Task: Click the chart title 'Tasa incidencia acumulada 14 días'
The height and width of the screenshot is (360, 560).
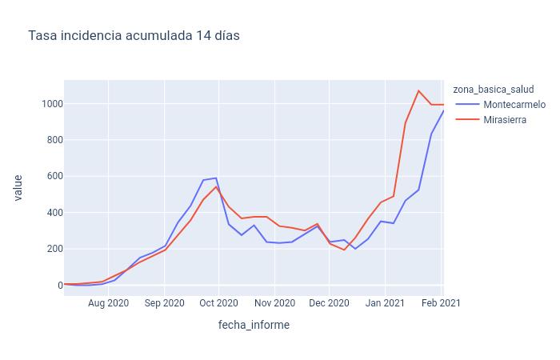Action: click(134, 36)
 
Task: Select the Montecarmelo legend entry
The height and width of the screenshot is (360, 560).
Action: click(514, 105)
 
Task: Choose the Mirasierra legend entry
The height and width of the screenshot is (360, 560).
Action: click(505, 120)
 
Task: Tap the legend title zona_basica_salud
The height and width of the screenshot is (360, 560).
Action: click(493, 89)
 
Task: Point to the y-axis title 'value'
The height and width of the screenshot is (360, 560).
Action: click(18, 188)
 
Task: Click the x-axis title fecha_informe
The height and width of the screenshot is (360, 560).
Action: click(254, 325)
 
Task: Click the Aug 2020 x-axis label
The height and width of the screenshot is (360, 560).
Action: click(108, 303)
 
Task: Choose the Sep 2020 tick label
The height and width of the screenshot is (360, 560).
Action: click(164, 303)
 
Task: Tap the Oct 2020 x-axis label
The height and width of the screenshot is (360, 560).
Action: click(218, 303)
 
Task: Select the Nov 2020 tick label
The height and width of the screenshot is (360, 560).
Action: click(274, 303)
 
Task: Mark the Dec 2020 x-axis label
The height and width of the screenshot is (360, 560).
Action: click(329, 303)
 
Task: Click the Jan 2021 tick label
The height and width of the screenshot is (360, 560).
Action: click(385, 303)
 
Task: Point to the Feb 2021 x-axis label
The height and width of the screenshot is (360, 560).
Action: click(441, 303)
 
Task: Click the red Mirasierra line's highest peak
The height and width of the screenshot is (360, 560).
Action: click(418, 90)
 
